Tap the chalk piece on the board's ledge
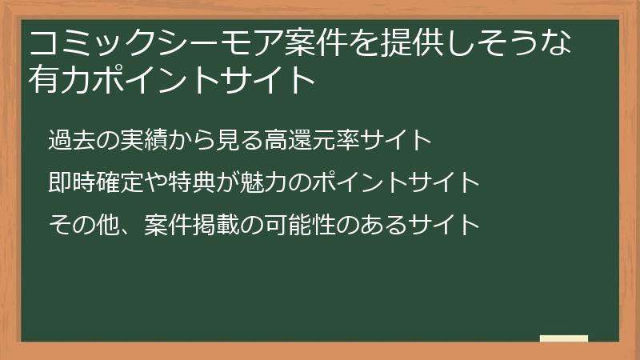(x=563, y=338)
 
